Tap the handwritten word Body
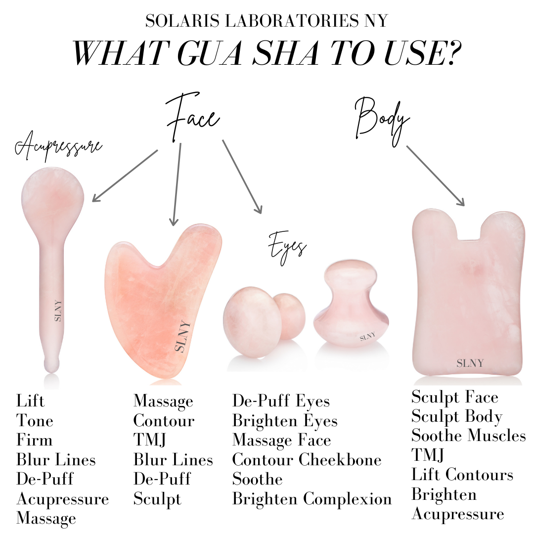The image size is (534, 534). [x=382, y=121]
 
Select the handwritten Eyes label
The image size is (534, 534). [x=287, y=248]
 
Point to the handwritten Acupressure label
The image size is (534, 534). [x=58, y=146]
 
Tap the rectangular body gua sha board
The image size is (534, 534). [x=468, y=293]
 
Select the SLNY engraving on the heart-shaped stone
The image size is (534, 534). [x=182, y=336]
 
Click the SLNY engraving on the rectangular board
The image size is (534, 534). [x=470, y=363]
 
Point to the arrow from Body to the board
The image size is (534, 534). [x=436, y=176]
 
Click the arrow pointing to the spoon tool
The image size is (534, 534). [x=125, y=176]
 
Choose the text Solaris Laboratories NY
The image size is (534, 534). [x=267, y=21]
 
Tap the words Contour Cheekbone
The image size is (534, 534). [x=307, y=460]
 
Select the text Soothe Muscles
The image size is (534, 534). [x=469, y=436]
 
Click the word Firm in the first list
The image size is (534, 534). [x=35, y=440]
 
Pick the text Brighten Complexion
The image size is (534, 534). [x=312, y=499]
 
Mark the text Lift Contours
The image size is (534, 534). [x=462, y=474]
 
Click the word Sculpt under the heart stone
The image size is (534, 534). [x=157, y=499]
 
